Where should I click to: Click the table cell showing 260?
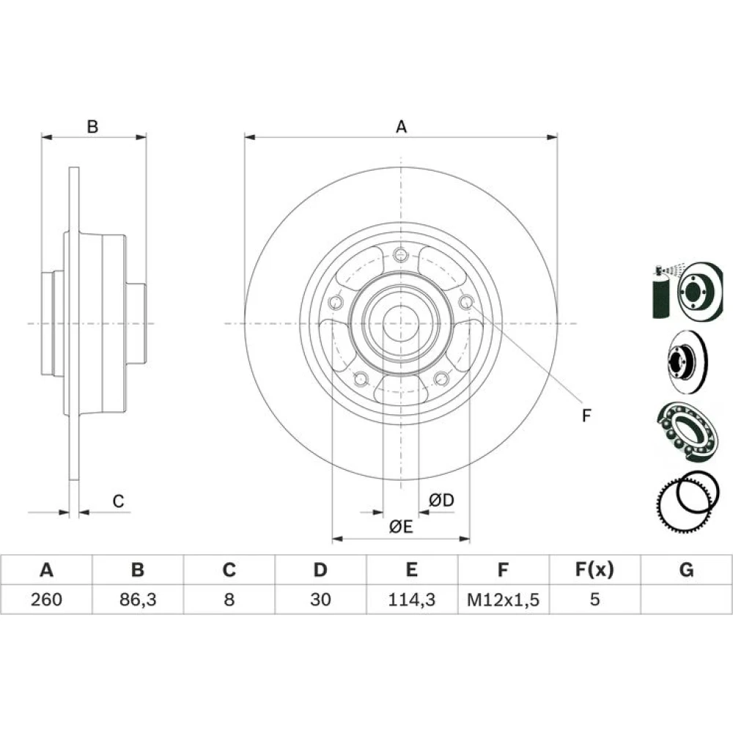click(x=46, y=600)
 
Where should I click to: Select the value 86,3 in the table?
click(x=138, y=600)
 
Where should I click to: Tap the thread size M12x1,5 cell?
click(x=503, y=600)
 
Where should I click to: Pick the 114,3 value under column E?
click(x=412, y=600)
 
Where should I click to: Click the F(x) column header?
click(x=594, y=570)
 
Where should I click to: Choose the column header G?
click(x=686, y=570)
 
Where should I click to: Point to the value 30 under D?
click(x=321, y=600)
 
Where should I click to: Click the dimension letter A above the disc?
click(x=401, y=127)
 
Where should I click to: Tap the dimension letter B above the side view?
click(x=92, y=127)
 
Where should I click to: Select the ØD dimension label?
click(x=442, y=500)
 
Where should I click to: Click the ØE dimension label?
click(x=401, y=527)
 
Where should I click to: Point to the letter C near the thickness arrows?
click(x=118, y=501)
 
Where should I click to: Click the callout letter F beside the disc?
click(x=586, y=415)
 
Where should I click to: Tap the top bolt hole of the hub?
click(x=401, y=255)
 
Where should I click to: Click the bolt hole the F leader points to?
click(x=466, y=302)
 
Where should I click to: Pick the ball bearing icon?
click(x=688, y=432)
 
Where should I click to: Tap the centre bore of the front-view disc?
click(x=401, y=323)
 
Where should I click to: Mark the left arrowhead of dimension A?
click(x=250, y=138)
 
